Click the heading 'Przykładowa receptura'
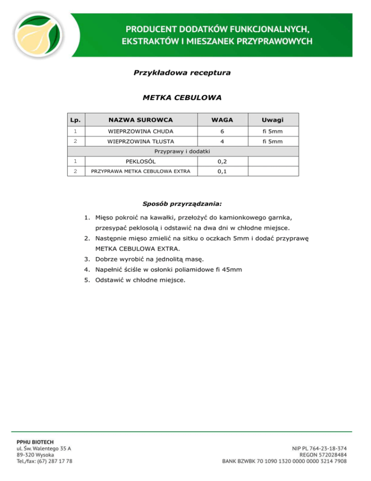pyautogui.click(x=182, y=73)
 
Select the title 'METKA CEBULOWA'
pyautogui.click(x=182, y=98)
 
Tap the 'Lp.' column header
pyautogui.click(x=75, y=119)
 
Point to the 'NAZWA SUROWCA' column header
pyautogui.click(x=141, y=119)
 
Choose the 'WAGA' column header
pyautogui.click(x=222, y=119)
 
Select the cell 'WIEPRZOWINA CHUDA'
pyautogui.click(x=141, y=131)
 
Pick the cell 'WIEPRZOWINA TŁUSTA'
pyautogui.click(x=141, y=142)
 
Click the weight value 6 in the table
pyautogui.click(x=222, y=131)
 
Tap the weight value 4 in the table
pyautogui.click(x=222, y=142)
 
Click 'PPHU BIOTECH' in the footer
pyautogui.click(x=36, y=442)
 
